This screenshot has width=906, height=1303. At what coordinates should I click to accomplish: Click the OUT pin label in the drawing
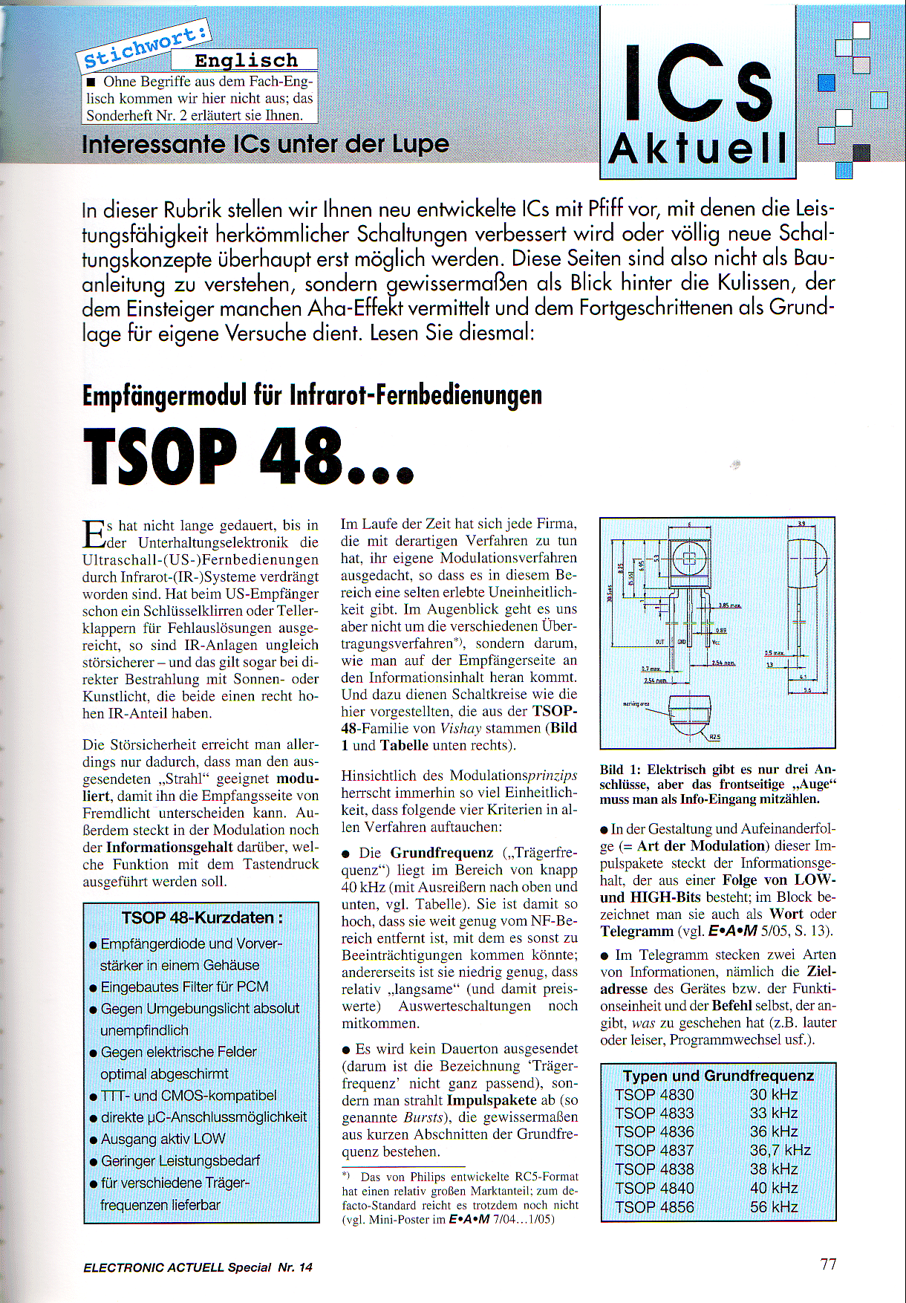coord(659,641)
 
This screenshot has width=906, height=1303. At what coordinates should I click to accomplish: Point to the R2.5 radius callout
coord(714,737)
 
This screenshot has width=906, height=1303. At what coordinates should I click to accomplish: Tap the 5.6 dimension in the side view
coord(807,690)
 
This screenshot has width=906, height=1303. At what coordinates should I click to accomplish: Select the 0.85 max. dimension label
coord(729,605)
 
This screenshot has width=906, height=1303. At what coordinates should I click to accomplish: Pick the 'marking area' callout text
coord(636,704)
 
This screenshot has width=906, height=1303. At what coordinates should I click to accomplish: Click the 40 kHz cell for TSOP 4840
coord(773,1188)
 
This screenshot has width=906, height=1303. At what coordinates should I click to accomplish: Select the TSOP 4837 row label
coord(654,1150)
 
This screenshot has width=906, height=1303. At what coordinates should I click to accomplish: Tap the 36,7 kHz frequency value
coord(780,1150)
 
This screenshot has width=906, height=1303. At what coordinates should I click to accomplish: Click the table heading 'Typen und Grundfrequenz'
coord(718,1075)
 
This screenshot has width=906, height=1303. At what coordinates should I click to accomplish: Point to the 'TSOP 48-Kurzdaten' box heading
coord(202,917)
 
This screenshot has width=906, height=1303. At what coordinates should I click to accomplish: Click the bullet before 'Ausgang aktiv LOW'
coord(94,1140)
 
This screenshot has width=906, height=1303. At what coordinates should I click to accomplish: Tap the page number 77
coord(828,1264)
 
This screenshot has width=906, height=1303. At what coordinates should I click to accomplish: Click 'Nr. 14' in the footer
coord(295,1267)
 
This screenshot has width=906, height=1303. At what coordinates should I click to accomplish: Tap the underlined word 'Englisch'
coord(246,60)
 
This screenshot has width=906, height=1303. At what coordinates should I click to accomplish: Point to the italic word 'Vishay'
coord(460,728)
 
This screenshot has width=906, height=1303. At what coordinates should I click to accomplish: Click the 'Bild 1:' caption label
coord(622,770)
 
